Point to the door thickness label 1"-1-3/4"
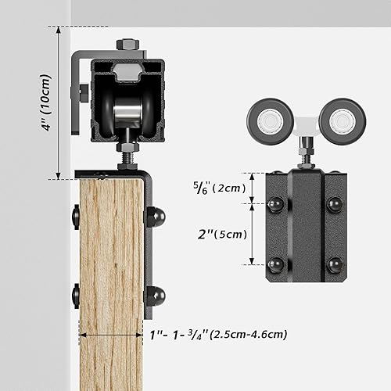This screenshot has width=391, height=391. point(217,334)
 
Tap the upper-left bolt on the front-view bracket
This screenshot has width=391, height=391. point(276,205)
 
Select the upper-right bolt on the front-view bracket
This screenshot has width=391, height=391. point(335,205)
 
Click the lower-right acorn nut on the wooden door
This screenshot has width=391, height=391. point(153,295)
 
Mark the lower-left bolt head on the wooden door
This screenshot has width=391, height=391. point(77,295)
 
